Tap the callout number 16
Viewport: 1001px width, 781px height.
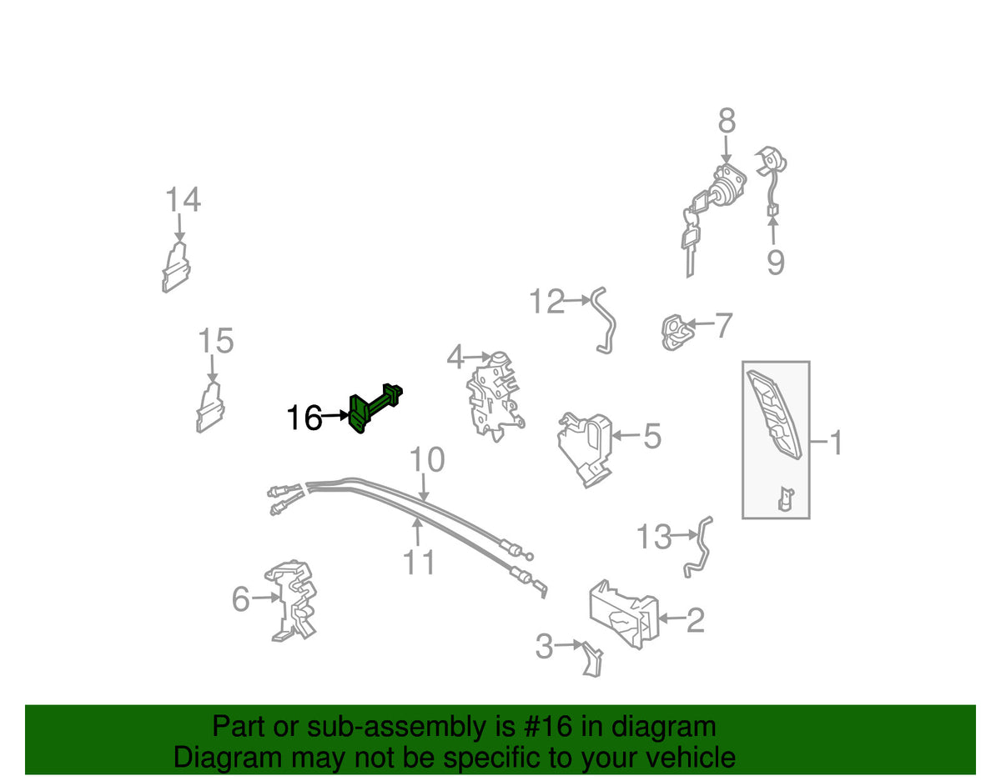pyautogui.click(x=304, y=418)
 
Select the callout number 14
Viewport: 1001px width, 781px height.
pyautogui.click(x=183, y=199)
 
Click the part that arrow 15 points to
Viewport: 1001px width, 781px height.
pyautogui.click(x=210, y=408)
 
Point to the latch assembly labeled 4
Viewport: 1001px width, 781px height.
pyautogui.click(x=495, y=397)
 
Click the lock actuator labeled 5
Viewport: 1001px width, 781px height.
pyautogui.click(x=586, y=449)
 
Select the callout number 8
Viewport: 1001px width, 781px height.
pyautogui.click(x=727, y=121)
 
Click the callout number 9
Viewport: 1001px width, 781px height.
pyautogui.click(x=775, y=263)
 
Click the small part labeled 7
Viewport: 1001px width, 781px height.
pyautogui.click(x=676, y=333)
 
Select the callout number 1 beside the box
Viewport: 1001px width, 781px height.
pyautogui.click(x=835, y=443)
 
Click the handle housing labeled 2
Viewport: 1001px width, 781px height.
pyautogui.click(x=625, y=615)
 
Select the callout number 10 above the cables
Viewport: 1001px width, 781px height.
pyautogui.click(x=427, y=458)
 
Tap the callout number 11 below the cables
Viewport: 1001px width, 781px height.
pyautogui.click(x=419, y=562)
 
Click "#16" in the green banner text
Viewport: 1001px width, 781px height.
pyautogui.click(x=546, y=727)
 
